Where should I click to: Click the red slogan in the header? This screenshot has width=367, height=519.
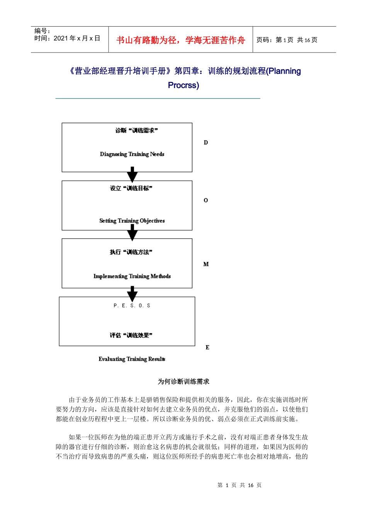pos(180,40)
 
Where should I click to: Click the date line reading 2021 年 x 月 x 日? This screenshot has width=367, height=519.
pos(67,38)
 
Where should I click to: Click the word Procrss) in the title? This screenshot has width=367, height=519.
pos(183,85)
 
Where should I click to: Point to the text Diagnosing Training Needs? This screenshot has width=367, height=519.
pos(132,154)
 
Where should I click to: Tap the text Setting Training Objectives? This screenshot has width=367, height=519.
pos(132,221)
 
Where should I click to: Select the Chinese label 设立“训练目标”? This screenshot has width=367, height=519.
pos(131,188)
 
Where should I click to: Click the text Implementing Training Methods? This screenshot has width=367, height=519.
pos(132,276)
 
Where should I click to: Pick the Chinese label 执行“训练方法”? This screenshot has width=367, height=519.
pos(131,252)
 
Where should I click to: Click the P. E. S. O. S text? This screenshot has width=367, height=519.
pos(132,305)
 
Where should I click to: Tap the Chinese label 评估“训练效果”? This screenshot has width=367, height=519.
pos(131,335)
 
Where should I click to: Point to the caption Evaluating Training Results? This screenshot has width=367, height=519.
pos(132,359)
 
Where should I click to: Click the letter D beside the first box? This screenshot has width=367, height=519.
pos(206,143)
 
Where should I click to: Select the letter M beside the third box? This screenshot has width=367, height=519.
pos(206,265)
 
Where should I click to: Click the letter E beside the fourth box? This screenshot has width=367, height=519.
pos(207,348)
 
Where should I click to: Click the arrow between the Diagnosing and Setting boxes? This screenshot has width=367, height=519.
pos(132,175)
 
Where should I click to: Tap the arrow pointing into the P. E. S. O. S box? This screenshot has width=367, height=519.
pos(132,294)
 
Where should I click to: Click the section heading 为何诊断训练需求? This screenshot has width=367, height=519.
pos(183,382)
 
